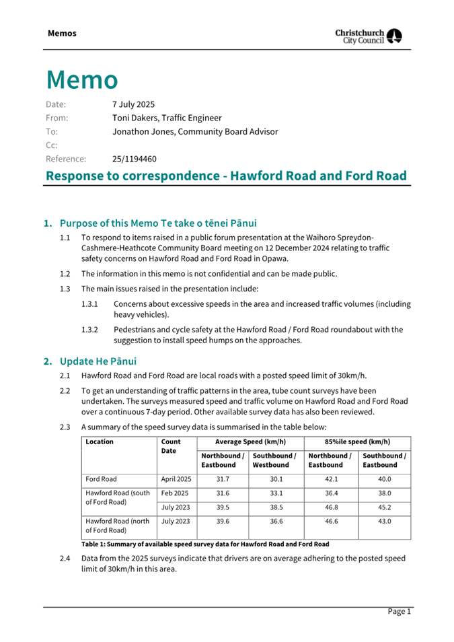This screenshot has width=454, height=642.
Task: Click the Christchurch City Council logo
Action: point(369,36)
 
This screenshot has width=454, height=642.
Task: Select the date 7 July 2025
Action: point(133,104)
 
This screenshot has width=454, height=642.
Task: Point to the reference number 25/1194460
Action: point(134,159)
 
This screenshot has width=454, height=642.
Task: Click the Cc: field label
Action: point(52,145)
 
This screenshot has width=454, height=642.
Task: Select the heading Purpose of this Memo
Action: point(158,223)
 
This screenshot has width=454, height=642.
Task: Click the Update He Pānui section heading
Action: point(98,361)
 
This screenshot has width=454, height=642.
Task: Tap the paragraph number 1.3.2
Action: point(89,329)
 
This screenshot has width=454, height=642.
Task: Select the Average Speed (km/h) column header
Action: point(250,442)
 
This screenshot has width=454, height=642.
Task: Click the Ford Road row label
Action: point(101,480)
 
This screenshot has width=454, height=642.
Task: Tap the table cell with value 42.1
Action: point(330,480)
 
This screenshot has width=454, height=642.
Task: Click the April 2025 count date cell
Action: point(176,480)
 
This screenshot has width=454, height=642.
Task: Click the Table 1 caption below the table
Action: point(205,544)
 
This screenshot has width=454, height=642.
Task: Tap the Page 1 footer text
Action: point(398,611)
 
